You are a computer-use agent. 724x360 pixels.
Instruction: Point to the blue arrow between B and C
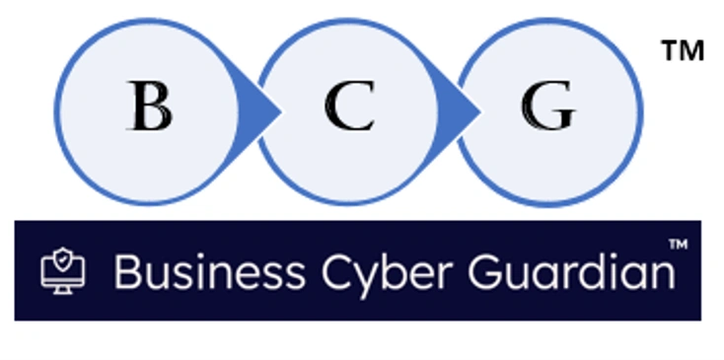(x=258, y=106)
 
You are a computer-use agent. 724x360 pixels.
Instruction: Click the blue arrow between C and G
(x=460, y=106)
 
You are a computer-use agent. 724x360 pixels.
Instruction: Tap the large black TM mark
(x=683, y=52)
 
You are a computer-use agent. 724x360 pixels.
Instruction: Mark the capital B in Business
(x=126, y=271)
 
